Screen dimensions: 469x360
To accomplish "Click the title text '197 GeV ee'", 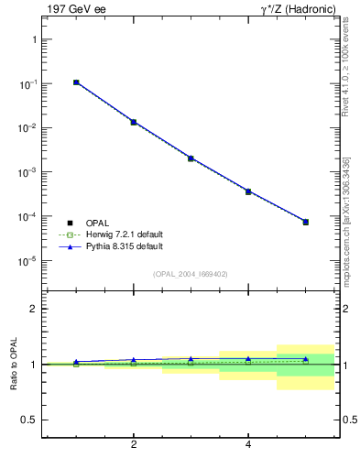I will click(x=71, y=9).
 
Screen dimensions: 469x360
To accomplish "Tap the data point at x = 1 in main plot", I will click(x=76, y=82).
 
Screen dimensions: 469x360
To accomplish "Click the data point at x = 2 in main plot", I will click(x=134, y=122).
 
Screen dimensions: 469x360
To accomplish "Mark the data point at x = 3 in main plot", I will click(x=191, y=158).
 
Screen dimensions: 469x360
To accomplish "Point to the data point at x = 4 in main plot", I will click(x=248, y=191).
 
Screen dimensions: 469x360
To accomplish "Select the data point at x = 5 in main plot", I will click(x=306, y=222).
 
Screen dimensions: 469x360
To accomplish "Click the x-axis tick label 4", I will click(x=248, y=445).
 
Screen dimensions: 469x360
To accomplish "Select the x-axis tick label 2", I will click(x=134, y=445).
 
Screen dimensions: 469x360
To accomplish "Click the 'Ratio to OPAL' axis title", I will click(x=14, y=365).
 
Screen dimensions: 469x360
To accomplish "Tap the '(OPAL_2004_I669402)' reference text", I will click(x=190, y=274).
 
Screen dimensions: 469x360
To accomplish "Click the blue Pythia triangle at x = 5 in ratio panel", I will click(x=306, y=359).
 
